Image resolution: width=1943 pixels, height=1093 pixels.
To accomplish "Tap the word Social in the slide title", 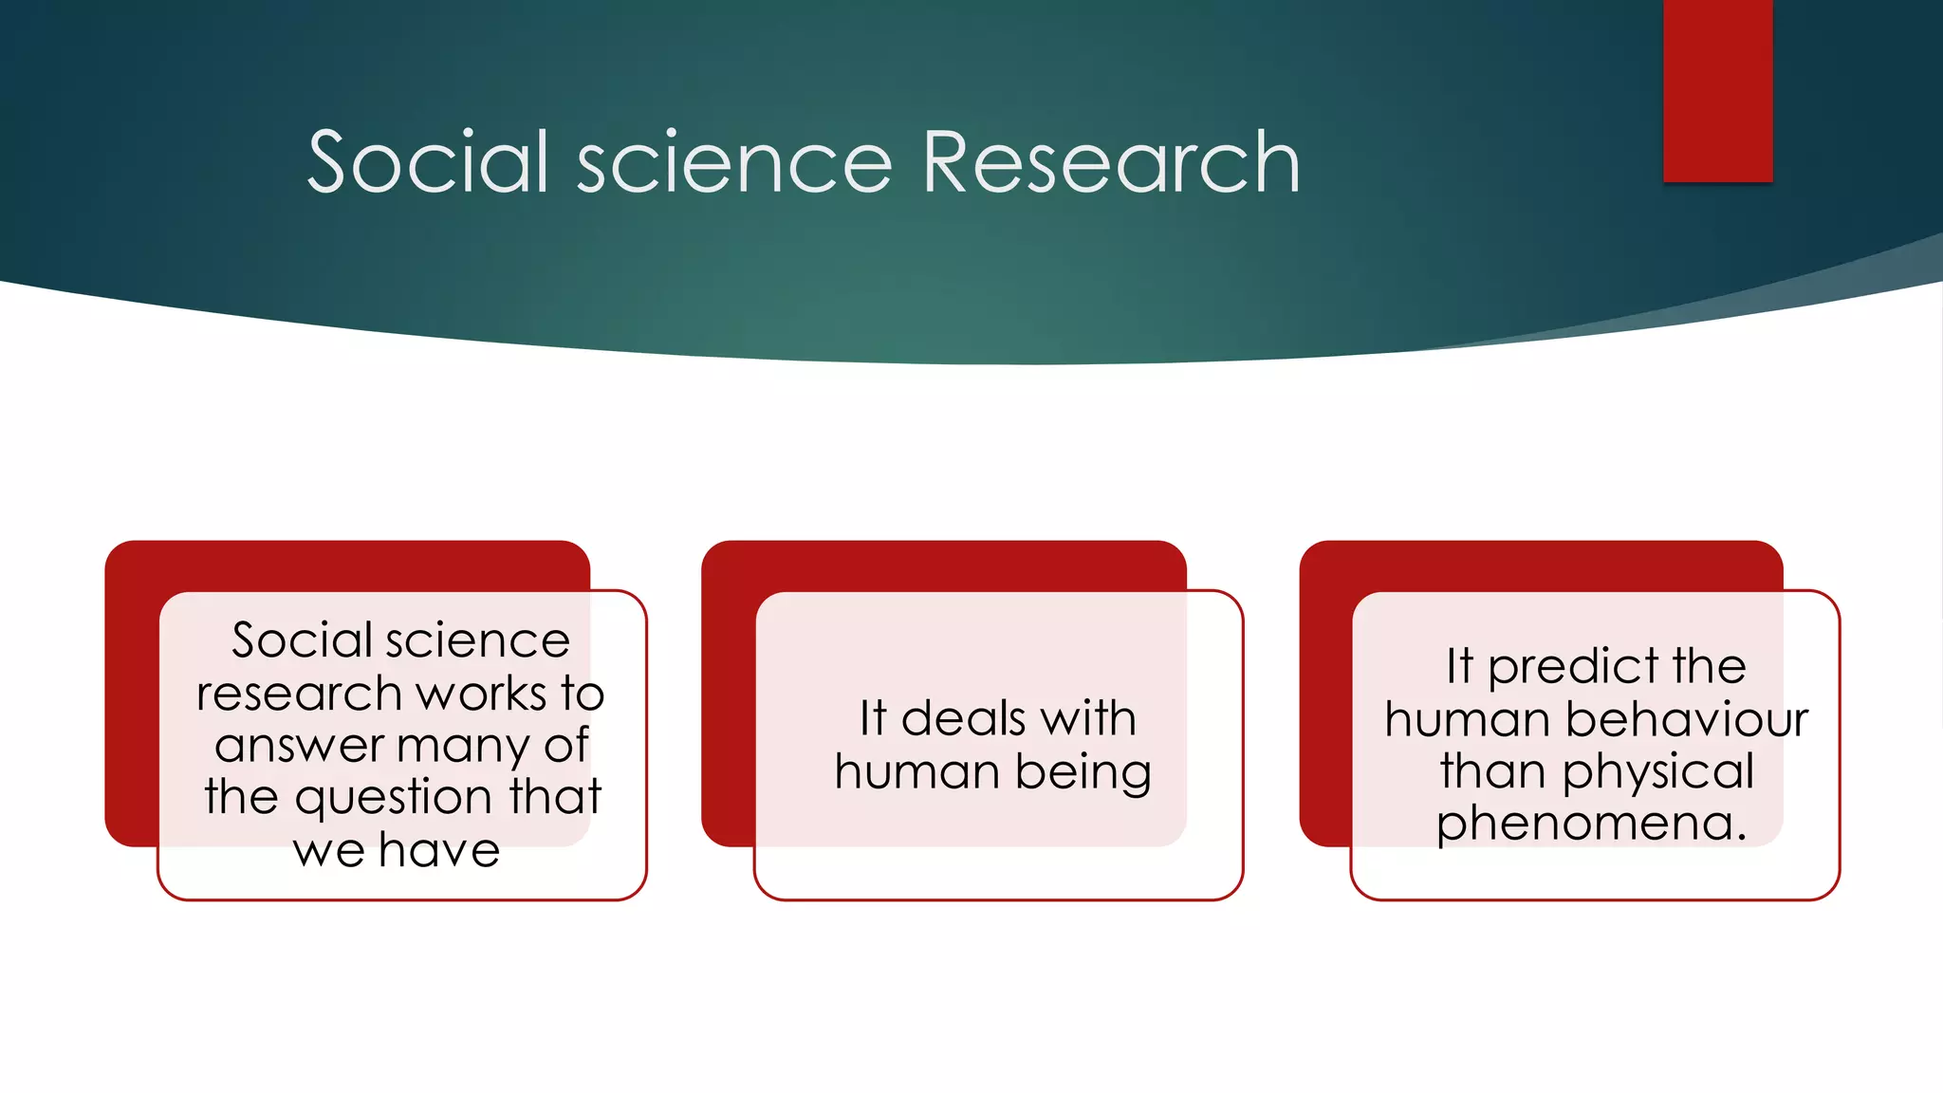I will click(429, 163).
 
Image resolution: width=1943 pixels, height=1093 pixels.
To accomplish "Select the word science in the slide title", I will click(734, 163).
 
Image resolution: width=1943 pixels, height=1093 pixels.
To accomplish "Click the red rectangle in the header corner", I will click(1717, 90).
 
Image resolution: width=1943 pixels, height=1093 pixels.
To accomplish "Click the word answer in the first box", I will click(299, 746).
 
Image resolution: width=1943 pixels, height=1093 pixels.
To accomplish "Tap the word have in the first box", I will click(439, 850).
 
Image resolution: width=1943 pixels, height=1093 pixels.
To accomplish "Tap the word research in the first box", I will click(299, 694).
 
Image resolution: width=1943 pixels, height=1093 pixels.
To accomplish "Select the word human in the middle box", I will click(916, 771).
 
